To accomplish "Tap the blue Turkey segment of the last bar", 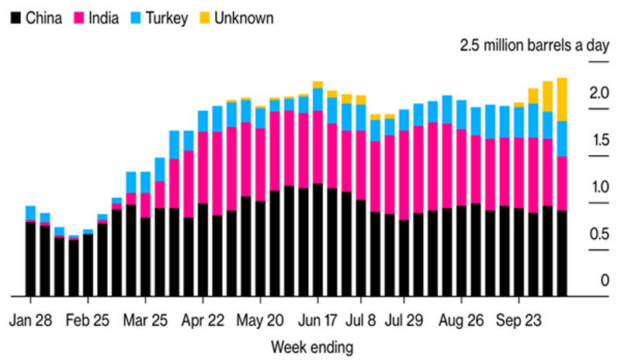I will (561, 139).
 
